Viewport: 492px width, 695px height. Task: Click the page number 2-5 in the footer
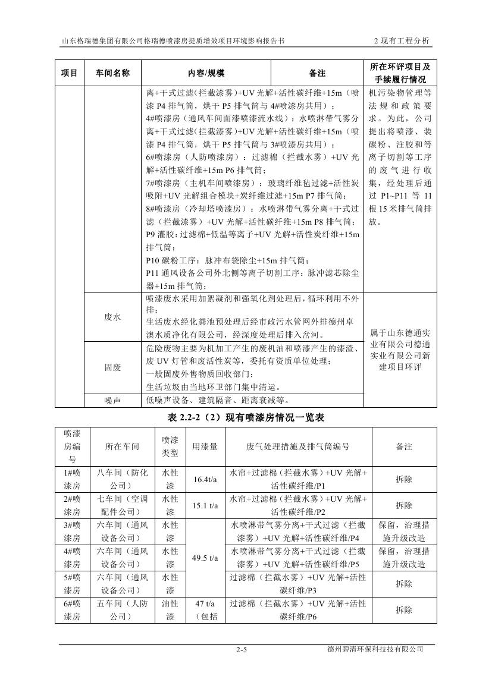(241, 650)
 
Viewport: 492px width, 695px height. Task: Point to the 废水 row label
(112, 317)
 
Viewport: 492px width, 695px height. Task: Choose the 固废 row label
(112, 367)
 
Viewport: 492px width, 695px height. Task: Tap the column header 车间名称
(112, 73)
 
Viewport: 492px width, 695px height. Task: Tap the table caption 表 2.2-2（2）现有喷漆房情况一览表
(246, 418)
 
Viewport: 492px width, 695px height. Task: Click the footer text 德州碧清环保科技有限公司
(381, 649)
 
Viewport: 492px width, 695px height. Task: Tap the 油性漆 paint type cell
(170, 611)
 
